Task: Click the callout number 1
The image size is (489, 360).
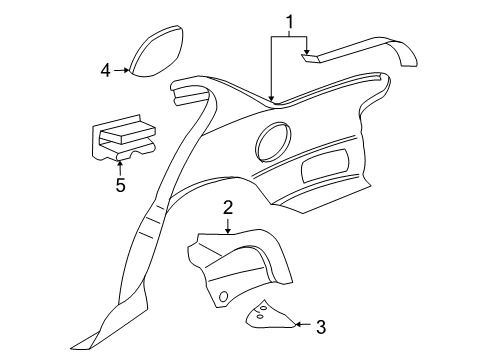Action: coord(290,21)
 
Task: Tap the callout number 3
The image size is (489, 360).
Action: coord(322,325)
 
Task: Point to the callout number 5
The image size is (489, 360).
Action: coord(120,185)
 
